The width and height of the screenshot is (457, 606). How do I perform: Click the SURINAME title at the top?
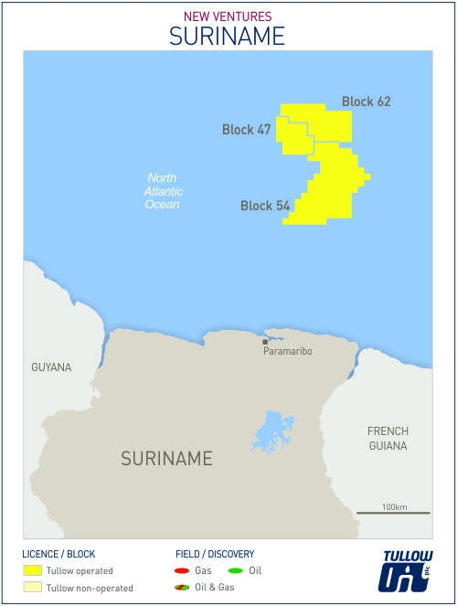228,35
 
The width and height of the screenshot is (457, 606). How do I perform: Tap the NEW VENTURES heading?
228,16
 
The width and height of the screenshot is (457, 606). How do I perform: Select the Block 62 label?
366,101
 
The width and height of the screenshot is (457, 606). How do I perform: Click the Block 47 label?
246,130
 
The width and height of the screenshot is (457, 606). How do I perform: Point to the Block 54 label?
265,206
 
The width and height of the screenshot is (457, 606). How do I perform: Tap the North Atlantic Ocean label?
164,191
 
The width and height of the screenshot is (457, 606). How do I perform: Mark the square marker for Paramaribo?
265,342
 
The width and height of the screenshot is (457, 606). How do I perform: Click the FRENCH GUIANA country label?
388,438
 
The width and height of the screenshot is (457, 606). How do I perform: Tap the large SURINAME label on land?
166,458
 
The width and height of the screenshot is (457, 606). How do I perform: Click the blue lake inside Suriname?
271,430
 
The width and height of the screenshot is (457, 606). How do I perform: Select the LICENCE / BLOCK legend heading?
58,554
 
